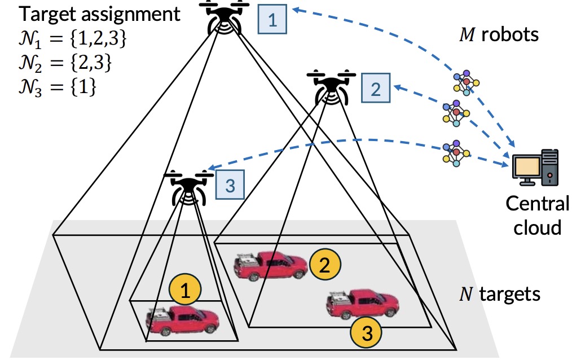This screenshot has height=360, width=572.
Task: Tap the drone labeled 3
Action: click(x=187, y=187)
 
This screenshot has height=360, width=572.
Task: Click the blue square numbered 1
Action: click(x=272, y=21)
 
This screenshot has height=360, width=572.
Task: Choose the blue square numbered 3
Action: click(x=228, y=185)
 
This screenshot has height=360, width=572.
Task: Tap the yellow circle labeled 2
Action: click(x=324, y=266)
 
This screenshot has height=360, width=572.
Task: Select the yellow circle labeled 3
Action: click(x=366, y=333)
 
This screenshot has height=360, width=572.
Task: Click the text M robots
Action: click(x=499, y=35)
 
